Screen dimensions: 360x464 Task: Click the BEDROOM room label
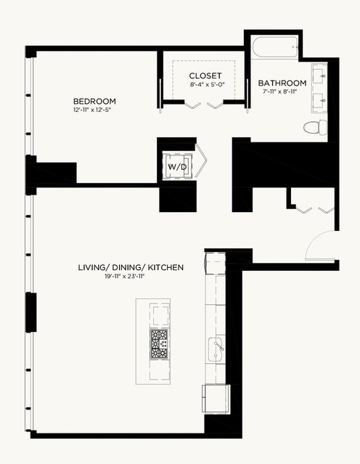click(94, 101)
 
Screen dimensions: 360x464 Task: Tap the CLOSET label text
click(205, 76)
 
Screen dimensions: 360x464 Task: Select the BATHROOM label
click(282, 83)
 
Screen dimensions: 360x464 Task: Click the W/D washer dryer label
click(178, 167)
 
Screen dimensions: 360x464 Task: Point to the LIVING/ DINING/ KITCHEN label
click(131, 267)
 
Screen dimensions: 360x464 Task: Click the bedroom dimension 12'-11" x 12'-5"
click(94, 110)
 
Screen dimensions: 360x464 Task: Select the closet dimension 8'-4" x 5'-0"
click(208, 84)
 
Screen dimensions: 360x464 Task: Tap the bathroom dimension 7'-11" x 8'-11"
click(279, 91)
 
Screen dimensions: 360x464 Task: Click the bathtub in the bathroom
click(275, 46)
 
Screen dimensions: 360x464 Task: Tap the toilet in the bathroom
click(316, 128)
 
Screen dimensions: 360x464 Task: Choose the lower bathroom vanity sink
click(319, 100)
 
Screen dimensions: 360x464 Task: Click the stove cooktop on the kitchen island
click(159, 344)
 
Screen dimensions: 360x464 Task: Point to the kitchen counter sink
click(216, 349)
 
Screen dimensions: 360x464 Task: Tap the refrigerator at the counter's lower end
click(216, 399)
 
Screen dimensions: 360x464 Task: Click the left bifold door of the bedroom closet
click(192, 105)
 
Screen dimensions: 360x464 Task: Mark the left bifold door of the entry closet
click(304, 211)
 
